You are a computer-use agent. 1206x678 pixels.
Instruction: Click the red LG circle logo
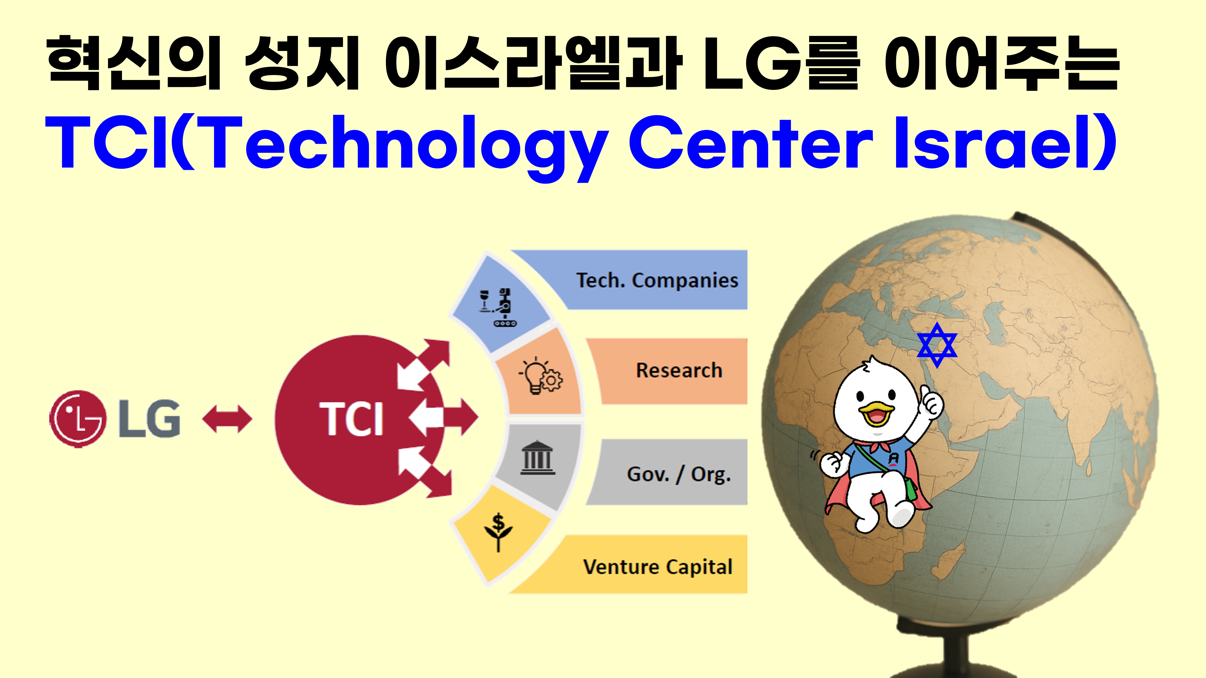pos(77,419)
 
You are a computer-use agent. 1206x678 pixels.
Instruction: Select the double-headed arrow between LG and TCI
pos(227,419)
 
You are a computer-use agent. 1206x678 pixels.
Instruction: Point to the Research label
pos(679,370)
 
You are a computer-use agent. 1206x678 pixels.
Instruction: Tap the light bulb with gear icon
pos(541,375)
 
